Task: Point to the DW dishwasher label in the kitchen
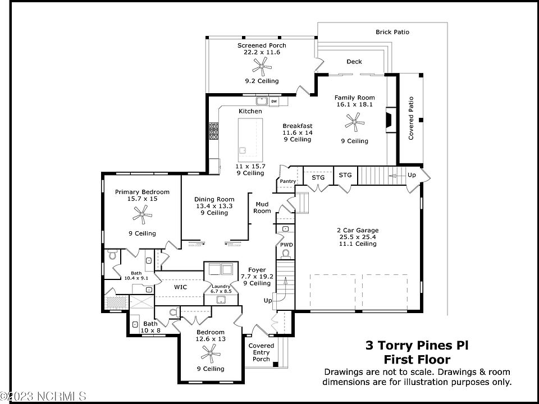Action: point(274,102)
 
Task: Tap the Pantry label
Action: point(287,181)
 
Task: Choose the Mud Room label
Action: point(263,208)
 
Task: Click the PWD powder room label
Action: point(286,245)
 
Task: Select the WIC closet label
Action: point(180,287)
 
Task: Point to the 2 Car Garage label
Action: point(358,230)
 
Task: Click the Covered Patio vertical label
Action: point(411,118)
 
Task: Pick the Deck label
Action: point(354,62)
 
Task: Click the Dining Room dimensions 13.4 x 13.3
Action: point(213,206)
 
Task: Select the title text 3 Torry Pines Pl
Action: point(417,346)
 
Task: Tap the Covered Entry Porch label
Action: point(261,352)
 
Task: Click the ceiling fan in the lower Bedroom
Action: point(210,352)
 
